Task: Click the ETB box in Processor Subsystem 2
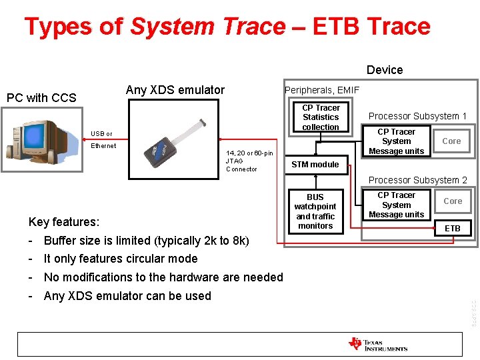point(453,228)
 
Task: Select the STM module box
point(315,165)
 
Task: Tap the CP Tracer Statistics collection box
point(321,117)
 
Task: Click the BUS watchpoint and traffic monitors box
point(315,211)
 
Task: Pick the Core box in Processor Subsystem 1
point(451,141)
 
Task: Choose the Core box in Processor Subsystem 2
point(453,201)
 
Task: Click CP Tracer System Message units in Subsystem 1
point(396,141)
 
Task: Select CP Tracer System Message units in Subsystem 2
point(396,205)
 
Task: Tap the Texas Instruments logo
point(378,344)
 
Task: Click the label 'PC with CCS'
point(41,98)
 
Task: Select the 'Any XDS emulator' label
point(175,90)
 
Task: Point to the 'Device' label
point(385,70)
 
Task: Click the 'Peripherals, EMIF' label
point(322,90)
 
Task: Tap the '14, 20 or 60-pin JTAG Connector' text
point(249,161)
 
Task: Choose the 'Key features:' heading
point(64,222)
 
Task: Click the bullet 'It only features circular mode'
point(120,259)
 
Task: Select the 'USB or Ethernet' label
point(103,139)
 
